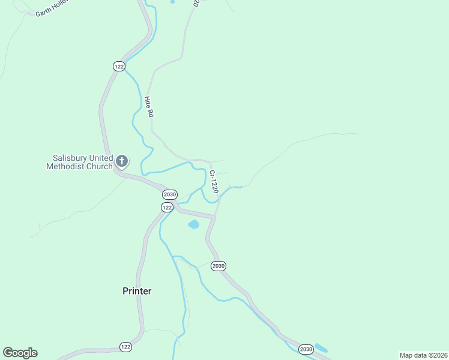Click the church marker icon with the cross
pos(122,161)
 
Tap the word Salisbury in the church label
pos(71,158)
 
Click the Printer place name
pos(137,291)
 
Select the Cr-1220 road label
pos(213,182)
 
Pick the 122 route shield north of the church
pos(118,67)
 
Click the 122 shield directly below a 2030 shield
pos(167,207)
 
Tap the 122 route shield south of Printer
pos(125,347)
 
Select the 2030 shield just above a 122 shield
pos(170,194)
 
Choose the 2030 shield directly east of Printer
pos(218,266)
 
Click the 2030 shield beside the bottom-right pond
pos(306,349)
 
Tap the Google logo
pos(20,353)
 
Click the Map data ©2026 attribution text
pos(423,355)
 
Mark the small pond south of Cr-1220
pos(194,225)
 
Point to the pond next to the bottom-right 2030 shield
pos(321,348)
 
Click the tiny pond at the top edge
pos(173,2)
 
